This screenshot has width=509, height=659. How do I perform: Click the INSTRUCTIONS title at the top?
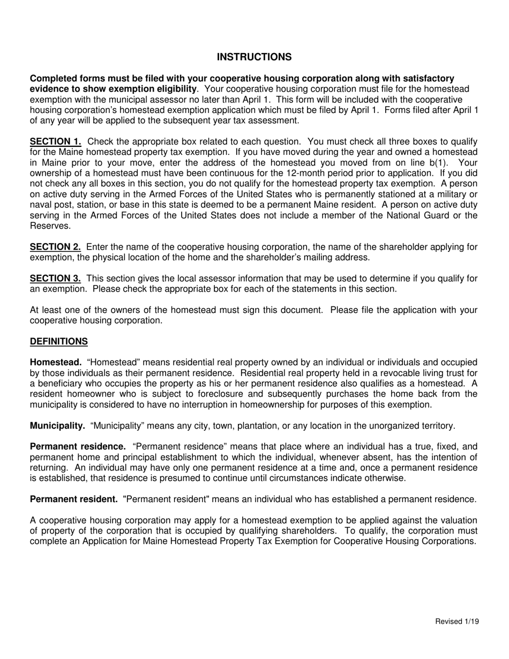click(x=254, y=57)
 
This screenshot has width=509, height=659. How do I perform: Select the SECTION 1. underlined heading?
click(x=55, y=141)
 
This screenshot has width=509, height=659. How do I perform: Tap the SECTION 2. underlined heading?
click(x=55, y=247)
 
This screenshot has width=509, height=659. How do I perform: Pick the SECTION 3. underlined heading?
click(x=55, y=279)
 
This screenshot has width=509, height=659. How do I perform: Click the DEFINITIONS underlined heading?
click(x=58, y=341)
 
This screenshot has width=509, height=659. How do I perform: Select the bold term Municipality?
click(x=57, y=426)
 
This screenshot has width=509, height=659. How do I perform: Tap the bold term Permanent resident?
click(x=73, y=499)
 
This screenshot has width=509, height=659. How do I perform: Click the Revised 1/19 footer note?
click(x=457, y=621)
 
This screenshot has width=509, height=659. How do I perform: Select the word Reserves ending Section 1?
click(x=50, y=226)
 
